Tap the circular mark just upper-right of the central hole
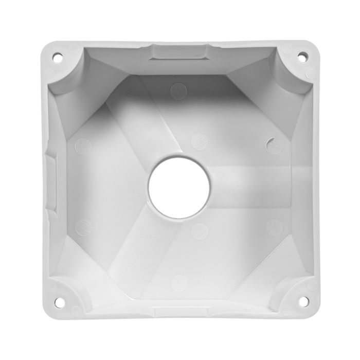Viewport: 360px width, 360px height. point(197,140)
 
